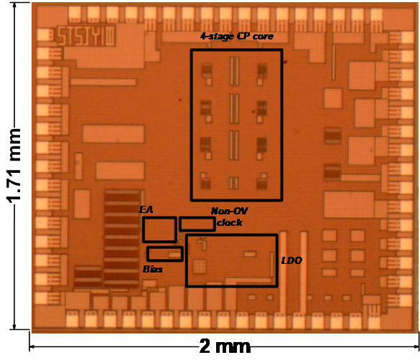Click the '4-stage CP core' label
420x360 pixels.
tap(237, 37)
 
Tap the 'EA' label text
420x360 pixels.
tap(146, 209)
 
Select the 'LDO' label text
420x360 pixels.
tap(291, 260)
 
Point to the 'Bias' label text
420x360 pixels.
tap(153, 269)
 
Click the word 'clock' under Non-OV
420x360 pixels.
tap(230, 222)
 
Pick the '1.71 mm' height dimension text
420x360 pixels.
tap(14, 166)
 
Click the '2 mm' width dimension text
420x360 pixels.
tap(225, 346)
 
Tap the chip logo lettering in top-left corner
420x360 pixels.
tap(86, 36)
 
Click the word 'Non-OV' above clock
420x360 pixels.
tap(229, 211)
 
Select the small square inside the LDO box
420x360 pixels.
tap(200, 266)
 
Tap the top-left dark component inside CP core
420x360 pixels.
tap(207, 70)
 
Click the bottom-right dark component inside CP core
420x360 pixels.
tap(262, 184)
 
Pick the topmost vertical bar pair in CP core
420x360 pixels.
tap(234, 71)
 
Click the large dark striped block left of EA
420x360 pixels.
tap(122, 239)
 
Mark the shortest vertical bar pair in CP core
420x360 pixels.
tap(233, 183)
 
